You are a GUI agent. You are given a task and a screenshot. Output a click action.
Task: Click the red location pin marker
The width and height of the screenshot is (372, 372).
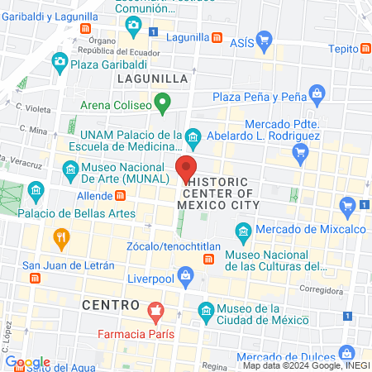[x=187, y=169]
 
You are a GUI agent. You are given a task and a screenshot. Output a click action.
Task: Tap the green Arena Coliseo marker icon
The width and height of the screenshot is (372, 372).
[x=163, y=104]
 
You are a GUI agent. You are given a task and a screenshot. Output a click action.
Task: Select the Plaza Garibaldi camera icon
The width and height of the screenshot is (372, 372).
[x=60, y=61]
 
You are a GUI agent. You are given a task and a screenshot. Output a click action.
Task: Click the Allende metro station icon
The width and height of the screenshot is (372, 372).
[x=122, y=195]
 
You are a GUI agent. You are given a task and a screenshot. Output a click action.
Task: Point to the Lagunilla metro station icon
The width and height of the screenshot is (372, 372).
[x=217, y=37]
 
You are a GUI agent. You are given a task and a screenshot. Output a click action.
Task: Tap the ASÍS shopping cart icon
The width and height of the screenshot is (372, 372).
[x=264, y=39]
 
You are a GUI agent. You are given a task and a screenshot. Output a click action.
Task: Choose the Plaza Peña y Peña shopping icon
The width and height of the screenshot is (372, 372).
[x=316, y=92]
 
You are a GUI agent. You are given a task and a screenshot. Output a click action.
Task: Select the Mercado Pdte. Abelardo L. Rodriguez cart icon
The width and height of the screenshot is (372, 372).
[x=301, y=151]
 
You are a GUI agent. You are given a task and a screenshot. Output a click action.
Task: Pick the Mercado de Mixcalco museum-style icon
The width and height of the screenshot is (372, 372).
[x=242, y=229]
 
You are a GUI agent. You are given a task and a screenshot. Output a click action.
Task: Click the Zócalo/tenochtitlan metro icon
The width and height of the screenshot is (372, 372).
[x=208, y=260]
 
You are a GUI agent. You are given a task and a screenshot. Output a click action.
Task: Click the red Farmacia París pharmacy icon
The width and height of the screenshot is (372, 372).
[x=154, y=313]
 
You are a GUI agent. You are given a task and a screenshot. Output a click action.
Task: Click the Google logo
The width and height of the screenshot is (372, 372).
[x=27, y=362]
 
